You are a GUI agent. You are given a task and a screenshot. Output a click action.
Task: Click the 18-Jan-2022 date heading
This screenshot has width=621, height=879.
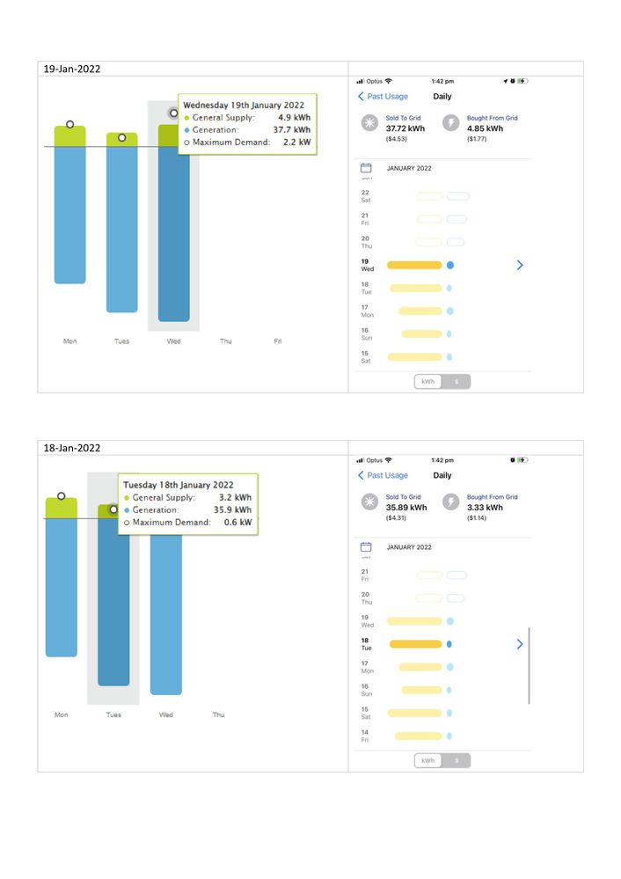point(72,448)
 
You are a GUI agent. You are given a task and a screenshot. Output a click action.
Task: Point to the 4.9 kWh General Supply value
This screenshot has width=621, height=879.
point(294,117)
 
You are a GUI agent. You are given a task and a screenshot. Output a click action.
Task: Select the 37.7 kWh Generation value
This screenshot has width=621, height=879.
point(291,129)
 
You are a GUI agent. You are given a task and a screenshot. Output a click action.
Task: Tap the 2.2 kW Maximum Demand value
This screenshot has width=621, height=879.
point(297,142)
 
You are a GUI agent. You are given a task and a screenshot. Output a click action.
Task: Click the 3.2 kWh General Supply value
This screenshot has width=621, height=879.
point(235,497)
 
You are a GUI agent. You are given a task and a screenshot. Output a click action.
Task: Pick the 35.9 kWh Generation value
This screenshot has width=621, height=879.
point(232,509)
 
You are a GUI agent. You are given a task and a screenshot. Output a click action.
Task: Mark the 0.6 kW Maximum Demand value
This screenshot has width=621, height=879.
point(238,522)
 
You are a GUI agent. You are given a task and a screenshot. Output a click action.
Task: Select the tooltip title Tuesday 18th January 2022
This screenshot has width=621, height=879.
point(178,485)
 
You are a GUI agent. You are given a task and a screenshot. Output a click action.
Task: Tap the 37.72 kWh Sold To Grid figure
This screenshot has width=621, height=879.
point(406,128)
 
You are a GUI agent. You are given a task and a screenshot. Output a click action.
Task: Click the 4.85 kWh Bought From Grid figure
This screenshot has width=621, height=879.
point(486,128)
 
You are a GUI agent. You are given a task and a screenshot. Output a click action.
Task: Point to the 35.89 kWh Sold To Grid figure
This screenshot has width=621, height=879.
point(406,507)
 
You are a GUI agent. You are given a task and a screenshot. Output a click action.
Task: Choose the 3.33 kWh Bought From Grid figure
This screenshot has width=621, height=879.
point(486,507)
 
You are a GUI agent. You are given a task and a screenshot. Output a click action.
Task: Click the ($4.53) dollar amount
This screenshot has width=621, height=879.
point(396,138)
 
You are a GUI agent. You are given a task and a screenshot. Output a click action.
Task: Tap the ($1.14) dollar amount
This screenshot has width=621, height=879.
point(477,517)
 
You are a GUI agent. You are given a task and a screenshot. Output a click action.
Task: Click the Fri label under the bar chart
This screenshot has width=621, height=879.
point(278,341)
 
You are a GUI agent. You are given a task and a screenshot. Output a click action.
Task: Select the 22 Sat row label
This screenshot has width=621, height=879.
point(365,196)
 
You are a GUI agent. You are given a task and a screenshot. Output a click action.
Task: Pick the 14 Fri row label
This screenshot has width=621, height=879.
point(365,736)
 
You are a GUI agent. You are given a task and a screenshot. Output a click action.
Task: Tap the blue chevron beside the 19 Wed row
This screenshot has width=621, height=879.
point(520,264)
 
